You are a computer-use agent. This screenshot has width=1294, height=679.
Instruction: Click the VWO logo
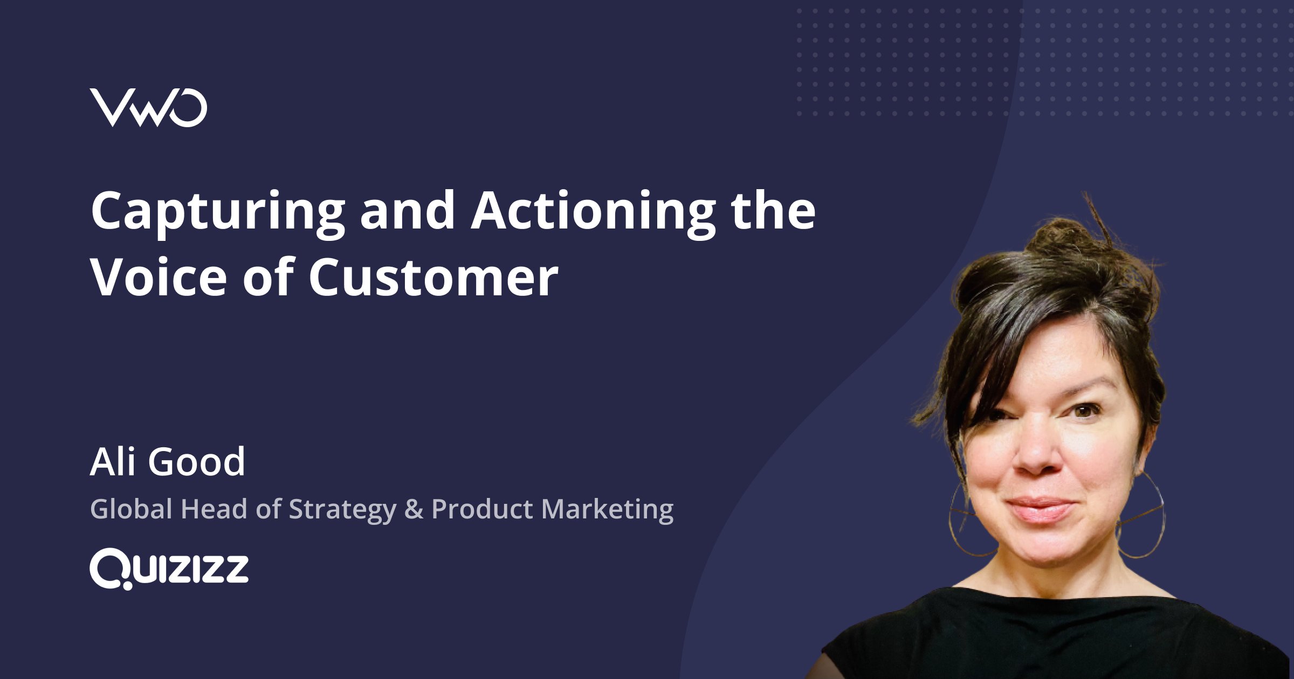pyautogui.click(x=148, y=108)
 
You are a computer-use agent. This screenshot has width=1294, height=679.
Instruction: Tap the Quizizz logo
pyautogui.click(x=169, y=569)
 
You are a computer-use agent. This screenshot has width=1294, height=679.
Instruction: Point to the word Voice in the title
pyautogui.click(x=160, y=278)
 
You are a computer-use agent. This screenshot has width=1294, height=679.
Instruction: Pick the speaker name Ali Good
pyautogui.click(x=167, y=462)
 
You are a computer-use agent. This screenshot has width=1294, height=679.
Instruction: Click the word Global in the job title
pyautogui.click(x=131, y=509)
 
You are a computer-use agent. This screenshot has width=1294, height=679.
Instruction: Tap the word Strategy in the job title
pyautogui.click(x=342, y=510)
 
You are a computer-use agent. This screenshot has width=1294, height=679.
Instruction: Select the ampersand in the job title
pyautogui.click(x=414, y=509)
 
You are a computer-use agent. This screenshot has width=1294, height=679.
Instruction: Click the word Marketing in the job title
pyautogui.click(x=607, y=510)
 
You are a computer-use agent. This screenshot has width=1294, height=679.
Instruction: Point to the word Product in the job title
pyautogui.click(x=483, y=509)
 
